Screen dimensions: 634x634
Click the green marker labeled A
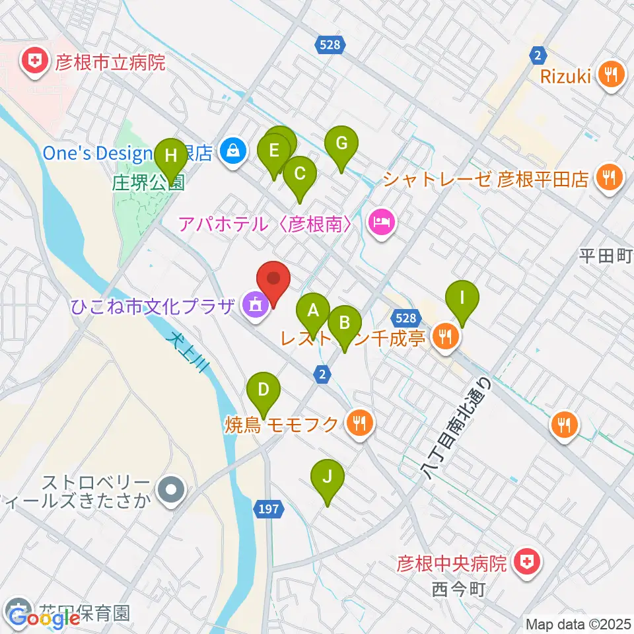point(313,309)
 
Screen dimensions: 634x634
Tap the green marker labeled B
point(345,323)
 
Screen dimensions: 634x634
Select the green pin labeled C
point(299,174)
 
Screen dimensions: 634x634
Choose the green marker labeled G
point(341,143)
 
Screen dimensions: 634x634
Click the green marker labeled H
point(171,156)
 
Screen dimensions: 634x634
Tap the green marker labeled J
point(328,476)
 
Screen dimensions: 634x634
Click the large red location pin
point(273,280)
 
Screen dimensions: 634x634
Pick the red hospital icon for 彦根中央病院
point(526,563)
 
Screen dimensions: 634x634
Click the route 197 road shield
point(269,509)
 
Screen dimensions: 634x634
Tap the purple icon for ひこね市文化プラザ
point(254,305)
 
